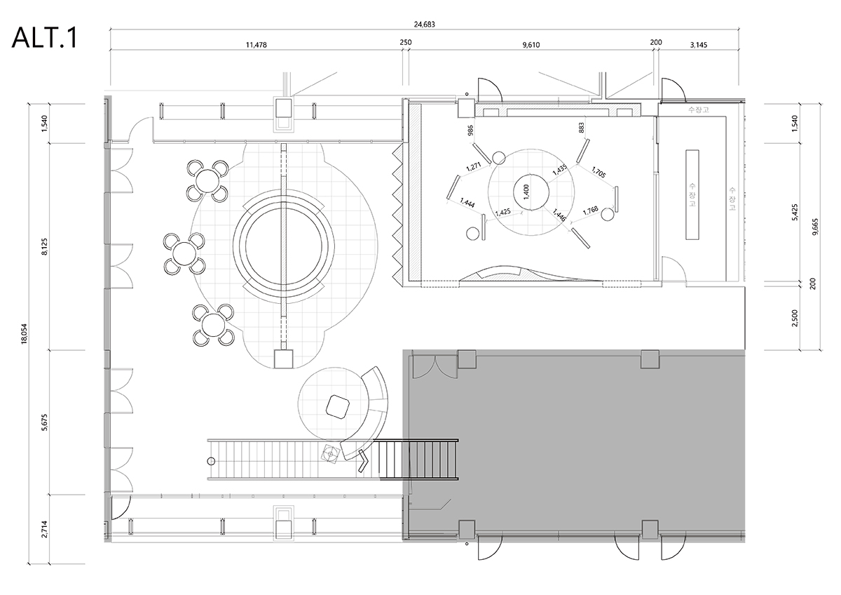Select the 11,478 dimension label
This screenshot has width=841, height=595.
click(256, 44)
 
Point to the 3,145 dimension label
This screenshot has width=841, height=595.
click(699, 44)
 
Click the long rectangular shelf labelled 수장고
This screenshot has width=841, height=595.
click(692, 194)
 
